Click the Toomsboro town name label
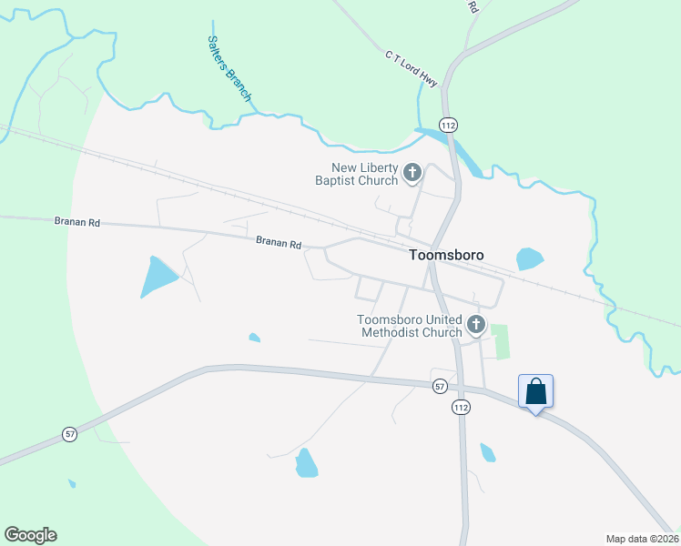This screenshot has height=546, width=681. point(445,257)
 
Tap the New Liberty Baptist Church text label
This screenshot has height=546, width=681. point(365,174)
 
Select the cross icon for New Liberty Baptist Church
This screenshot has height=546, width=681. point(412,172)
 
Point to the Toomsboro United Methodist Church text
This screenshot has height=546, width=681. point(410,326)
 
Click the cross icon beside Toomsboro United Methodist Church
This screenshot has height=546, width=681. point(474,325)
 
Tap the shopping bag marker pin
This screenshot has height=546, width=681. point(535,392)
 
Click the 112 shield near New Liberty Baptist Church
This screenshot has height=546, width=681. point(447,124)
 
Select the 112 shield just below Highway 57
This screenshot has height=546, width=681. point(462,409)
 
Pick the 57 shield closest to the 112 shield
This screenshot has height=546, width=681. point(440,386)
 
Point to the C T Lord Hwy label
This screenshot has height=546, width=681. point(412,69)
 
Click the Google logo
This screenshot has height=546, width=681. point(30,535)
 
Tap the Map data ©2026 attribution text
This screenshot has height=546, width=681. point(642,539)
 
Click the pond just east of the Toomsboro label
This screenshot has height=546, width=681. point(529,259)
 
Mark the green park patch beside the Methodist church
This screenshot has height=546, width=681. point(502,341)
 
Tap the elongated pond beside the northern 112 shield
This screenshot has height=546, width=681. point(465,154)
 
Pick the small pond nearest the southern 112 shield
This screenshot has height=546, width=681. point(488,452)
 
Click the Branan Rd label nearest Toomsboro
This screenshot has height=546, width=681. point(278,243)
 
